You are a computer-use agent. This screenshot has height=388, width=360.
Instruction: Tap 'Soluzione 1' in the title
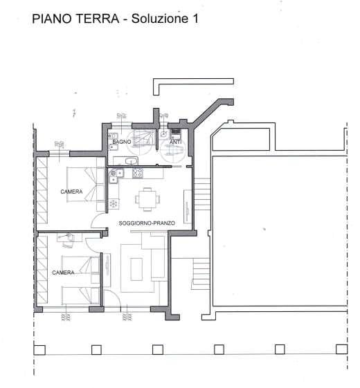165,20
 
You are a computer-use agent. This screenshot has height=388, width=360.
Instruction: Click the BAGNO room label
122,142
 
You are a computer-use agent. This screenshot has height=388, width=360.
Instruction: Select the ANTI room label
175,142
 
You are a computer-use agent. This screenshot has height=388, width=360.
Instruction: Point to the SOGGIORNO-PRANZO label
147,223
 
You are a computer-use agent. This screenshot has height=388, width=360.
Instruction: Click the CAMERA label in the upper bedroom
71,192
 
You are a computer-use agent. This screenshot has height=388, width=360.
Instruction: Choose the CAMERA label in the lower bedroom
63,272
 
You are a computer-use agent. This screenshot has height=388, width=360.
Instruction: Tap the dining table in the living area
147,199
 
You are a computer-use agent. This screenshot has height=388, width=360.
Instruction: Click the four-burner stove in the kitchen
136,174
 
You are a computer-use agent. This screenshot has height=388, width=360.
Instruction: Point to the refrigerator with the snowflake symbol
114,203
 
